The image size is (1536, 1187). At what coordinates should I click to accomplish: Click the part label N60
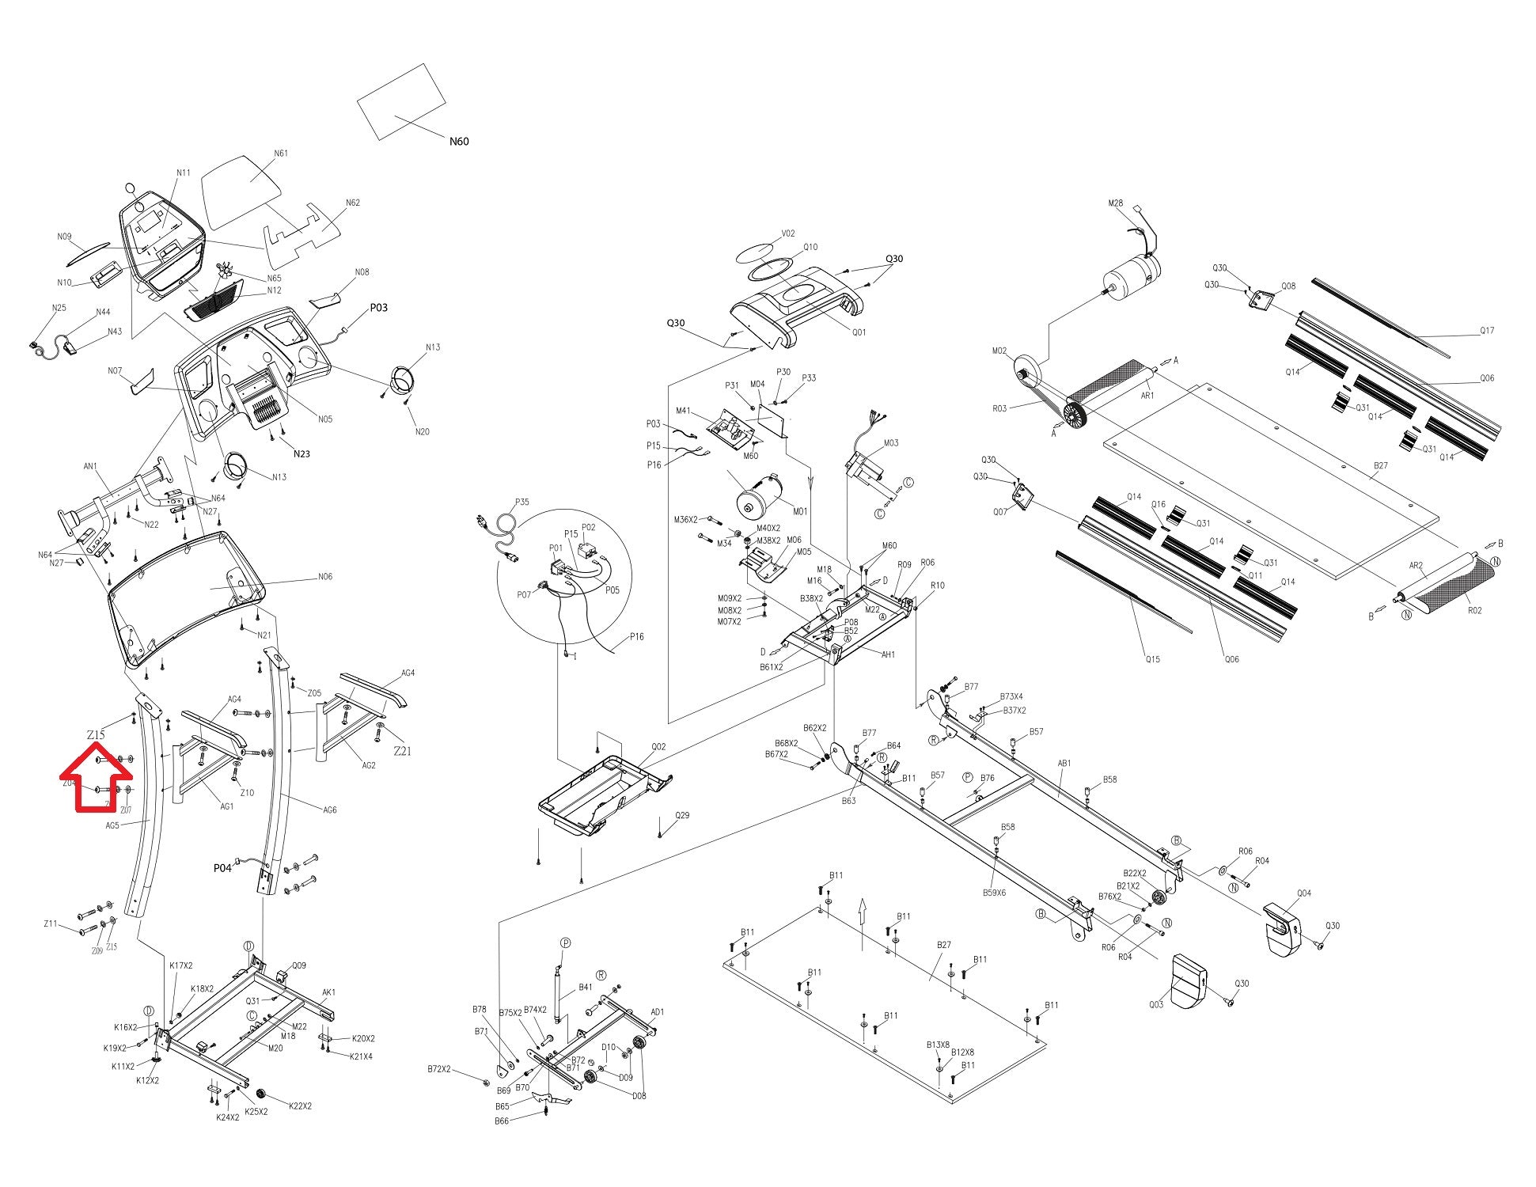459,142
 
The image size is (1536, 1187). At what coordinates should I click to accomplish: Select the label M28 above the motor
1115,204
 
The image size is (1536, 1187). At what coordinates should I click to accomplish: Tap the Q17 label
1487,331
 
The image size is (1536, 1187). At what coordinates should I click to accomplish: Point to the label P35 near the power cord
522,502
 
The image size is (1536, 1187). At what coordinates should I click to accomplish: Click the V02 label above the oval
788,233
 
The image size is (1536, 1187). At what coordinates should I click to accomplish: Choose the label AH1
888,654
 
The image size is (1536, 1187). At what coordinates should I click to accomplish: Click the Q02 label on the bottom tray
658,746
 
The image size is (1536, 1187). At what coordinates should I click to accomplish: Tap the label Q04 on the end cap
1303,893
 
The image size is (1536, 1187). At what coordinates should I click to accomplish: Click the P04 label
222,868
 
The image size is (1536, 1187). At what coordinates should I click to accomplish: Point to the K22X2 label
300,1105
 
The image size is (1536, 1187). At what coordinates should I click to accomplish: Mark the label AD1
657,1012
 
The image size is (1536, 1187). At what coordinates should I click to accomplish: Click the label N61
281,154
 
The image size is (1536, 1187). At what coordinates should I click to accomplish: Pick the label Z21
402,751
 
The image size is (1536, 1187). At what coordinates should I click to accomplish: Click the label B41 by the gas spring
586,987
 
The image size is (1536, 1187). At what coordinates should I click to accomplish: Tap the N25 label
59,308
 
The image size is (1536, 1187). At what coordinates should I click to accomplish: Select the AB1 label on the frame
1064,764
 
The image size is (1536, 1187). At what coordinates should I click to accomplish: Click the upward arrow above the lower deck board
863,910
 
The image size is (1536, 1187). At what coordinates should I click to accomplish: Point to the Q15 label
1152,659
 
